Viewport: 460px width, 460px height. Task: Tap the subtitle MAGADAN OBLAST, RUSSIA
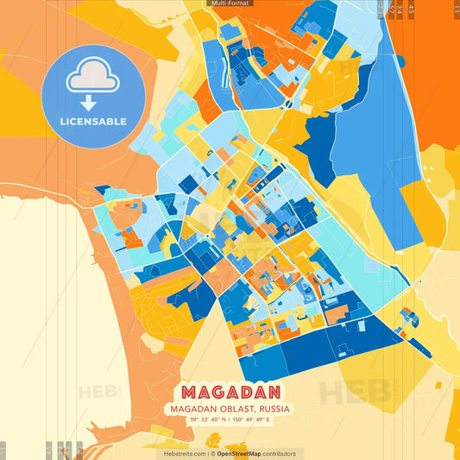230,408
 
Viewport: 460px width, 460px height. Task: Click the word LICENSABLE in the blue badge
92,122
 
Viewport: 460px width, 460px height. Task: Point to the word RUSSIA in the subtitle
274,408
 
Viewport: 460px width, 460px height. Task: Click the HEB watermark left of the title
97,392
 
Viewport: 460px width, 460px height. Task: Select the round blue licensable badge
92,96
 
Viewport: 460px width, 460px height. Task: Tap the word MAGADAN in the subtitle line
191,408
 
